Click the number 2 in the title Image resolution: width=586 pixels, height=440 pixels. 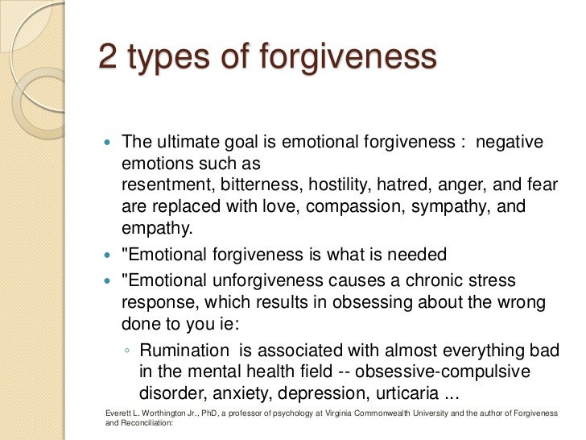[108, 58]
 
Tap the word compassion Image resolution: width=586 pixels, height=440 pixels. [345, 206]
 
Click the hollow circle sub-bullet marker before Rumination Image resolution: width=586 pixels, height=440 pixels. [129, 351]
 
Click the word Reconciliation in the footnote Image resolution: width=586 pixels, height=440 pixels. [145, 423]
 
